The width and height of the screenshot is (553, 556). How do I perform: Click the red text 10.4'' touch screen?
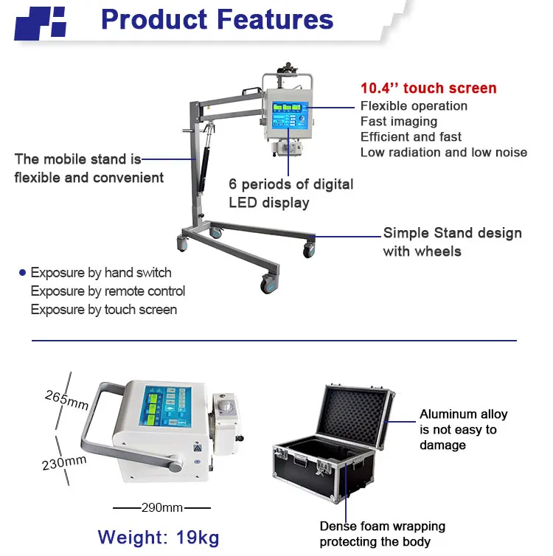click(428, 88)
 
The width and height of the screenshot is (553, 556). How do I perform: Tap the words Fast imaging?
click(398, 121)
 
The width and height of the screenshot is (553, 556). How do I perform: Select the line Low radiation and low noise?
click(443, 152)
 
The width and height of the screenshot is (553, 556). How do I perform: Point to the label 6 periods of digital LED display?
click(291, 193)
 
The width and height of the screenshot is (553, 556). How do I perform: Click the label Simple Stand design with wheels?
click(452, 242)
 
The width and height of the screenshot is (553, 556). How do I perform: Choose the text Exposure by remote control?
click(108, 291)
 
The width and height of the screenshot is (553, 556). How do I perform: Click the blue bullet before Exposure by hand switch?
click(22, 273)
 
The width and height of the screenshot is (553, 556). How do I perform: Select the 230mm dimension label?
click(65, 462)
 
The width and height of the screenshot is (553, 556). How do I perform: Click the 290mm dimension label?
click(162, 507)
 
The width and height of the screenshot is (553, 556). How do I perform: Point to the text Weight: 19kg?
click(159, 536)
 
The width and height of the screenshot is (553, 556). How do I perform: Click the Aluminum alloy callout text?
click(463, 429)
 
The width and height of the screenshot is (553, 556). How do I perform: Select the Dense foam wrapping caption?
click(382, 534)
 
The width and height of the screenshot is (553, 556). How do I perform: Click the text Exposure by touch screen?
click(103, 310)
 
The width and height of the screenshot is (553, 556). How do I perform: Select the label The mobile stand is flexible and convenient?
click(88, 168)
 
